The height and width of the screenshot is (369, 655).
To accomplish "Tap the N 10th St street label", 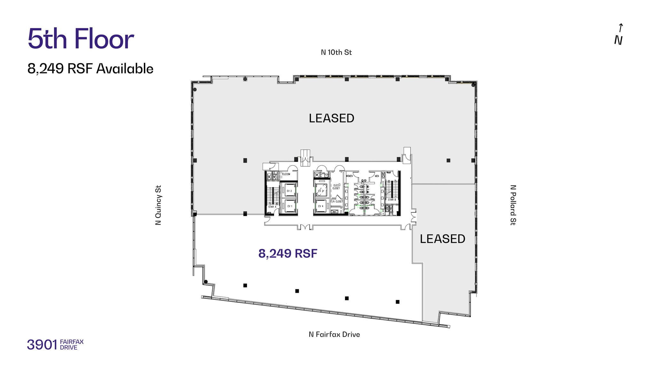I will point(336,53).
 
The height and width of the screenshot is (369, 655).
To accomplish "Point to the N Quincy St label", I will point(158,205).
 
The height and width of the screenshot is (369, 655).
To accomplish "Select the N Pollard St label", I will point(513,205).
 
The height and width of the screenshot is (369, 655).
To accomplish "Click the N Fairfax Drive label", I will point(334,334).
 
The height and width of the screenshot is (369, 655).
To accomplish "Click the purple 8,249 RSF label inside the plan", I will point(288,253).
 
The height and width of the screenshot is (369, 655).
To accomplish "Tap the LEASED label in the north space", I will point(331,118).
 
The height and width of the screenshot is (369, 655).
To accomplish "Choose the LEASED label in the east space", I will point(442,239).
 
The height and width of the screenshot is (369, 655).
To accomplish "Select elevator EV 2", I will point(289,191).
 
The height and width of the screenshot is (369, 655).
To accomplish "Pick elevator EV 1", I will point(289,206).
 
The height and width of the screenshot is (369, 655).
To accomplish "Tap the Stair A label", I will point(272,207).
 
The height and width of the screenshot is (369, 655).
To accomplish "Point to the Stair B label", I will point(392,200).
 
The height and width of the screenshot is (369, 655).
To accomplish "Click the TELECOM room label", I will point(286,174).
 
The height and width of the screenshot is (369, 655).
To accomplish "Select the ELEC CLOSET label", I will point(336,187).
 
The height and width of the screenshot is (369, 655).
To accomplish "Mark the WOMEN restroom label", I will point(349,176).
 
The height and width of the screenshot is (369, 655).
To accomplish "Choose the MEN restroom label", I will point(377,176).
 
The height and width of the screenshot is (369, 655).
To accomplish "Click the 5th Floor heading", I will point(81,39).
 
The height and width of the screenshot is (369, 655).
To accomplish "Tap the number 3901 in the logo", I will point(42,345).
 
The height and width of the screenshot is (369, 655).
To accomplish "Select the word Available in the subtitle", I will point(125,69).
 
